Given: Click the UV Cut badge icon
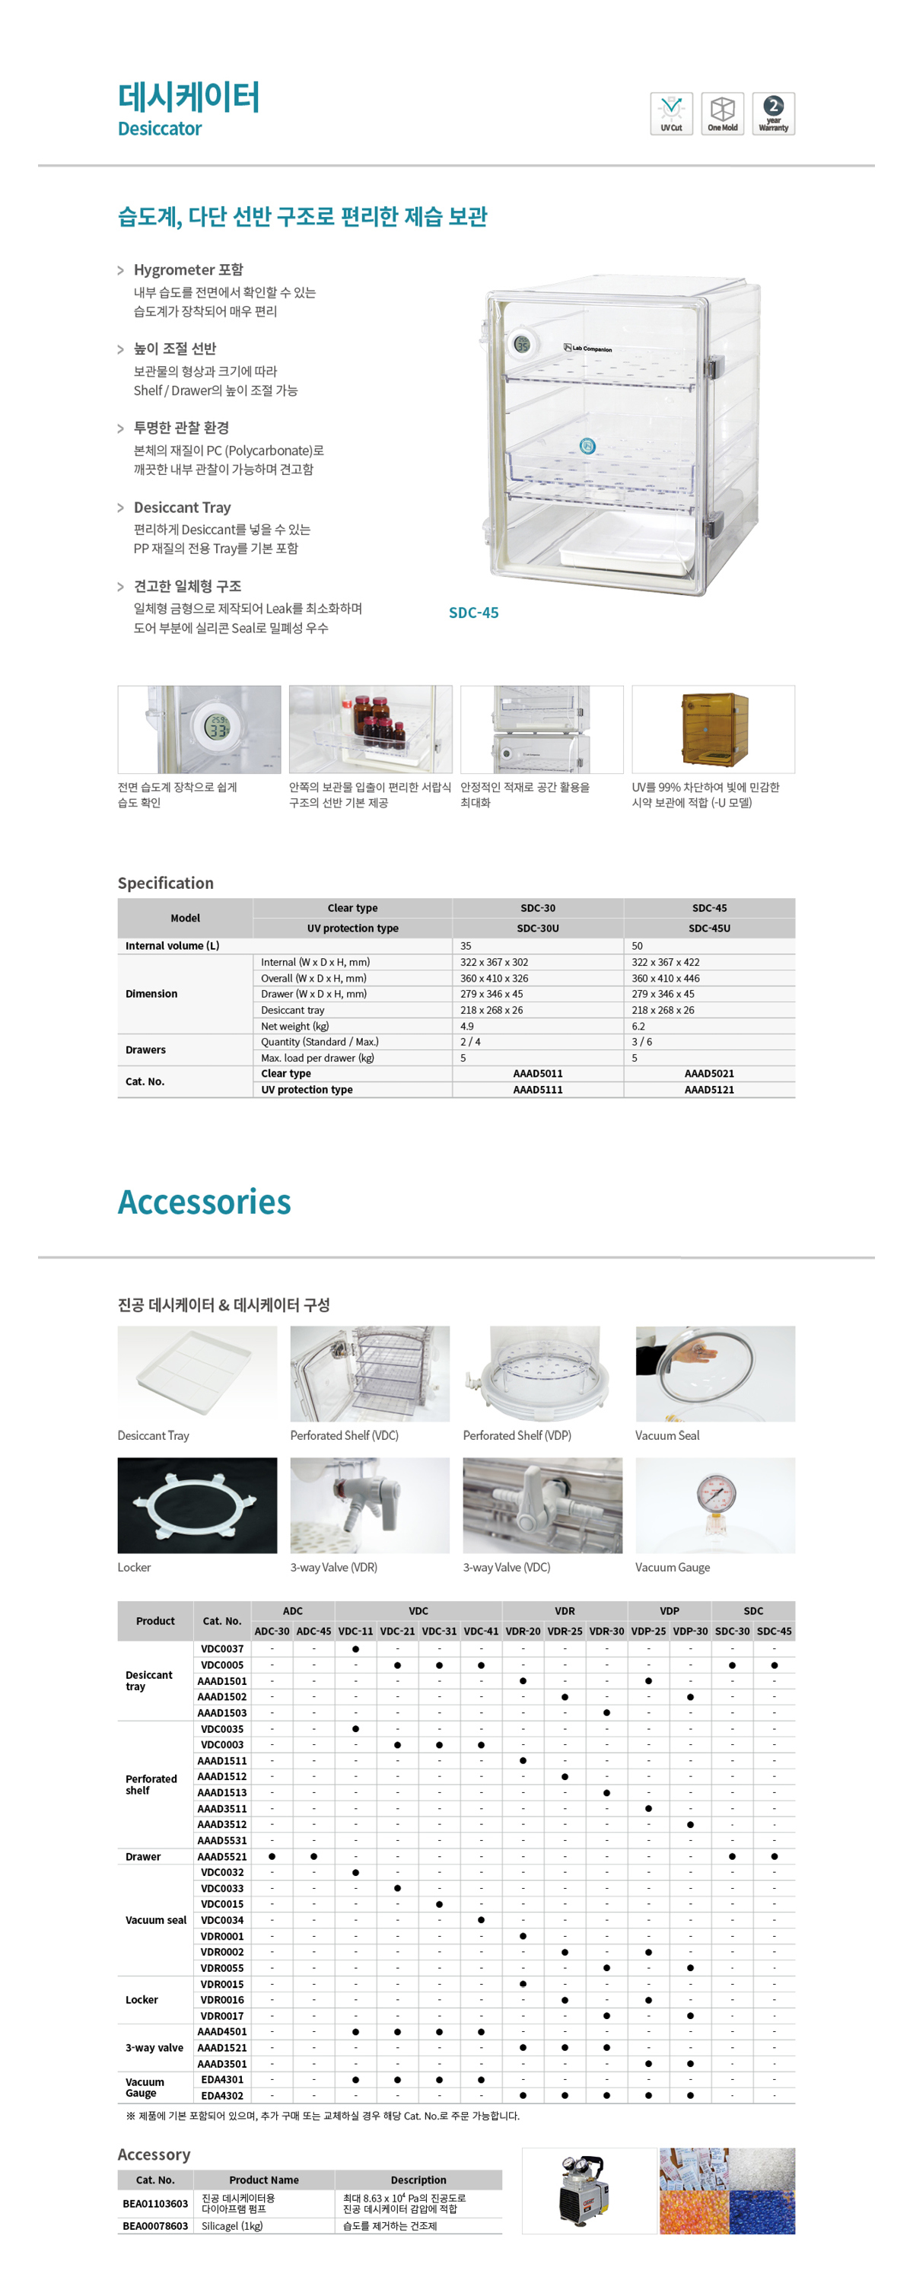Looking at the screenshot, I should pyautogui.click(x=671, y=113).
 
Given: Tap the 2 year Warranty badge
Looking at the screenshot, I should pyautogui.click(x=773, y=113).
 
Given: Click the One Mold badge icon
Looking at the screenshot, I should pyautogui.click(x=722, y=113).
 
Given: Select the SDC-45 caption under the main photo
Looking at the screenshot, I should pyautogui.click(x=473, y=613).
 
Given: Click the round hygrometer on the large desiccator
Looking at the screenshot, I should pyautogui.click(x=521, y=343).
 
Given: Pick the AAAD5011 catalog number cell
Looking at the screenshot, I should pyautogui.click(x=537, y=1074).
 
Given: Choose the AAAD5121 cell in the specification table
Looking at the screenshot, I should pyautogui.click(x=709, y=1090).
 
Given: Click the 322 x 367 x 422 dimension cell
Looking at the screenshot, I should pyautogui.click(x=666, y=962).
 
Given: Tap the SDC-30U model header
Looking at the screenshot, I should pyautogui.click(x=537, y=928).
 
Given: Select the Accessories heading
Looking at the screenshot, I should pyautogui.click(x=205, y=1202).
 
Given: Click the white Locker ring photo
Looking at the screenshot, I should pyautogui.click(x=196, y=1505).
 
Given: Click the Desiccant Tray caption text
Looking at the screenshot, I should pyautogui.click(x=153, y=1436).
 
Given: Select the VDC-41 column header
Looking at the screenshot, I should pyautogui.click(x=481, y=1631).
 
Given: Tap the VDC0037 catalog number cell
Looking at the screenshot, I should pyautogui.click(x=221, y=1648).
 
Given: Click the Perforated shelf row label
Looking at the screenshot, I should pyautogui.click(x=151, y=1784).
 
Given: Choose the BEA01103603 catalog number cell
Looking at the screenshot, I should pyautogui.click(x=155, y=2203).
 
